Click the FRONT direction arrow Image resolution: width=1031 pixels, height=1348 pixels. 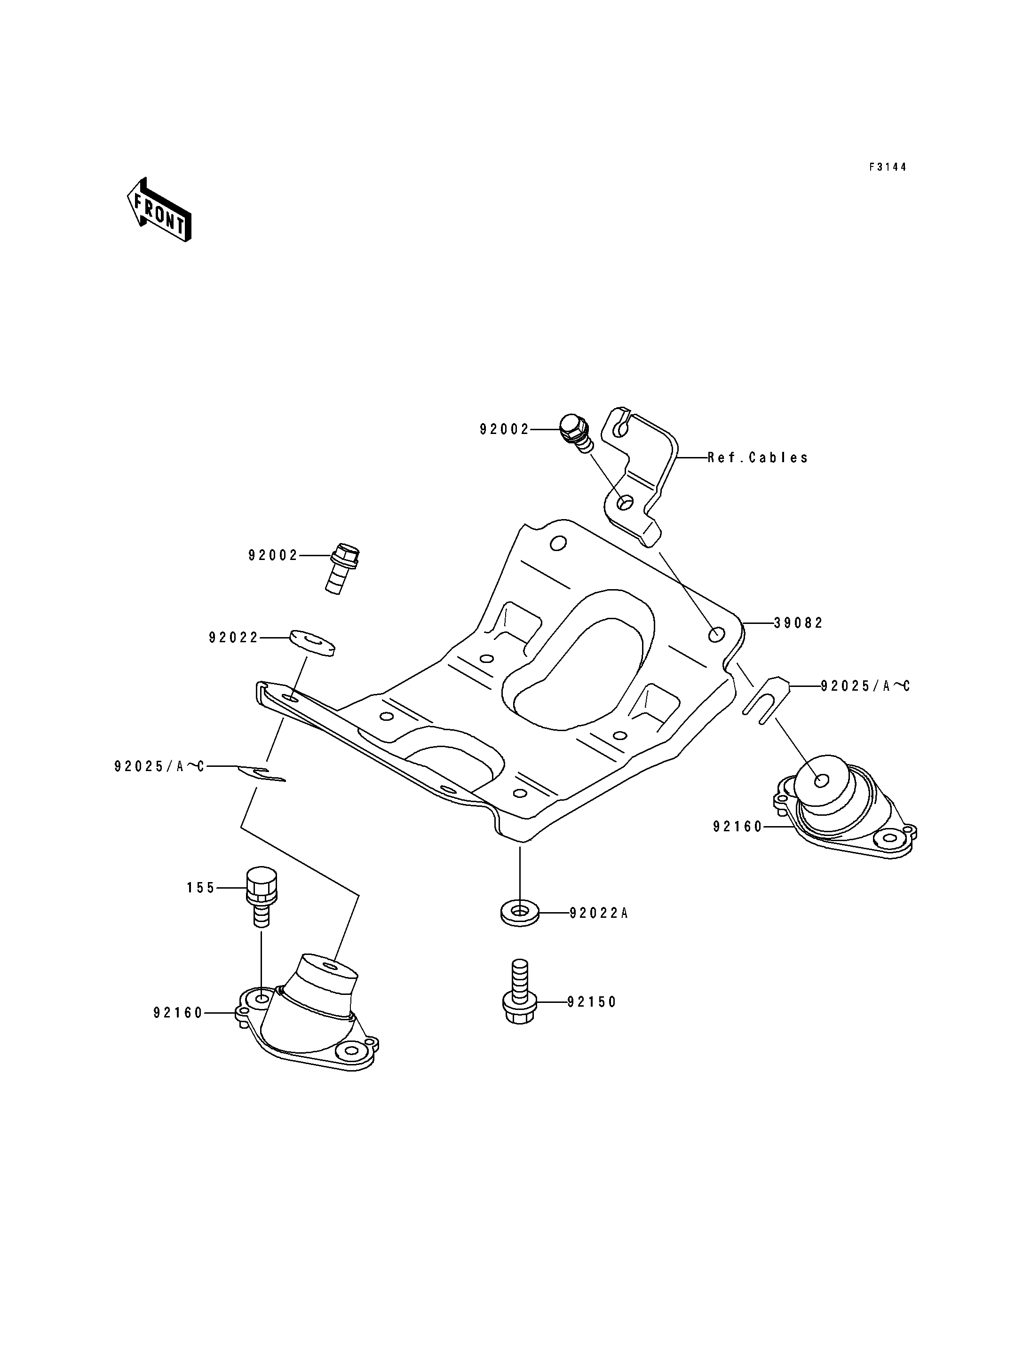coord(159,209)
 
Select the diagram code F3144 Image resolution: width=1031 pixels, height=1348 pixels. coord(888,167)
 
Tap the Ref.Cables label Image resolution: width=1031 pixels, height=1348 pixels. coord(758,458)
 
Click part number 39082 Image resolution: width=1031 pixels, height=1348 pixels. coord(798,623)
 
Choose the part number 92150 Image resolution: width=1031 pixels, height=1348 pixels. coord(592,1002)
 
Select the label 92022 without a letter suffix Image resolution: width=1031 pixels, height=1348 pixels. coord(234,638)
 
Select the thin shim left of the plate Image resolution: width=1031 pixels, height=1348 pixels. coord(262,774)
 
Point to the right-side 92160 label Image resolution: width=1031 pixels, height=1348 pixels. coord(738,827)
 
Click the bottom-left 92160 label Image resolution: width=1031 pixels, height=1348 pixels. coord(178,1013)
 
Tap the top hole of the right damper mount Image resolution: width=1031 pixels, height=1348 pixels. coord(822,781)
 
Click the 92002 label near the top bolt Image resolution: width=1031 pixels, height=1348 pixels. coord(505,429)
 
